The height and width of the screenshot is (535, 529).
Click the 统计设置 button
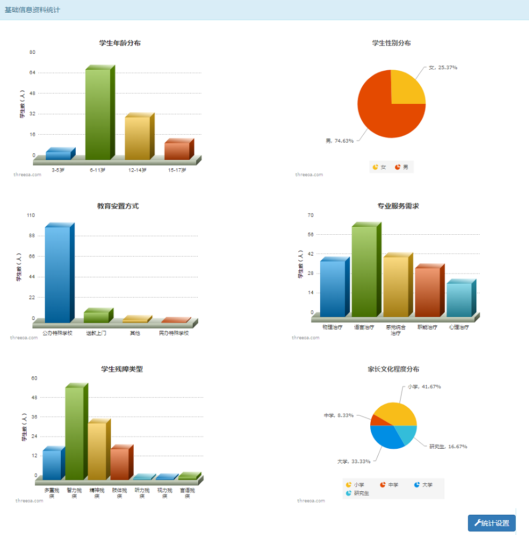(x=491, y=523)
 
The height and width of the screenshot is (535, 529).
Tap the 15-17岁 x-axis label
(x=177, y=170)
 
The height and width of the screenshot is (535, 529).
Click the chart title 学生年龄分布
(x=120, y=43)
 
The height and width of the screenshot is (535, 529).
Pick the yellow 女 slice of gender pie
(x=405, y=88)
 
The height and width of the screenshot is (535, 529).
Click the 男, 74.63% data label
(x=339, y=141)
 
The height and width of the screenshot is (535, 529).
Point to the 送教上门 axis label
(x=96, y=333)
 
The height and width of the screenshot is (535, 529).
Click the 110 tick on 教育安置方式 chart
(x=30, y=215)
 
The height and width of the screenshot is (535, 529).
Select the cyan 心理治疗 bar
(x=459, y=299)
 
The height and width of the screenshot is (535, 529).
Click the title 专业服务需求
(x=398, y=206)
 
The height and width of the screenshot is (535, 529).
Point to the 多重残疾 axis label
(x=52, y=492)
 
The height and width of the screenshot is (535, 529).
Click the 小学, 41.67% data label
(x=424, y=386)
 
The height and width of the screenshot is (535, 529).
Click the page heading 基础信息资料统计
(x=32, y=10)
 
